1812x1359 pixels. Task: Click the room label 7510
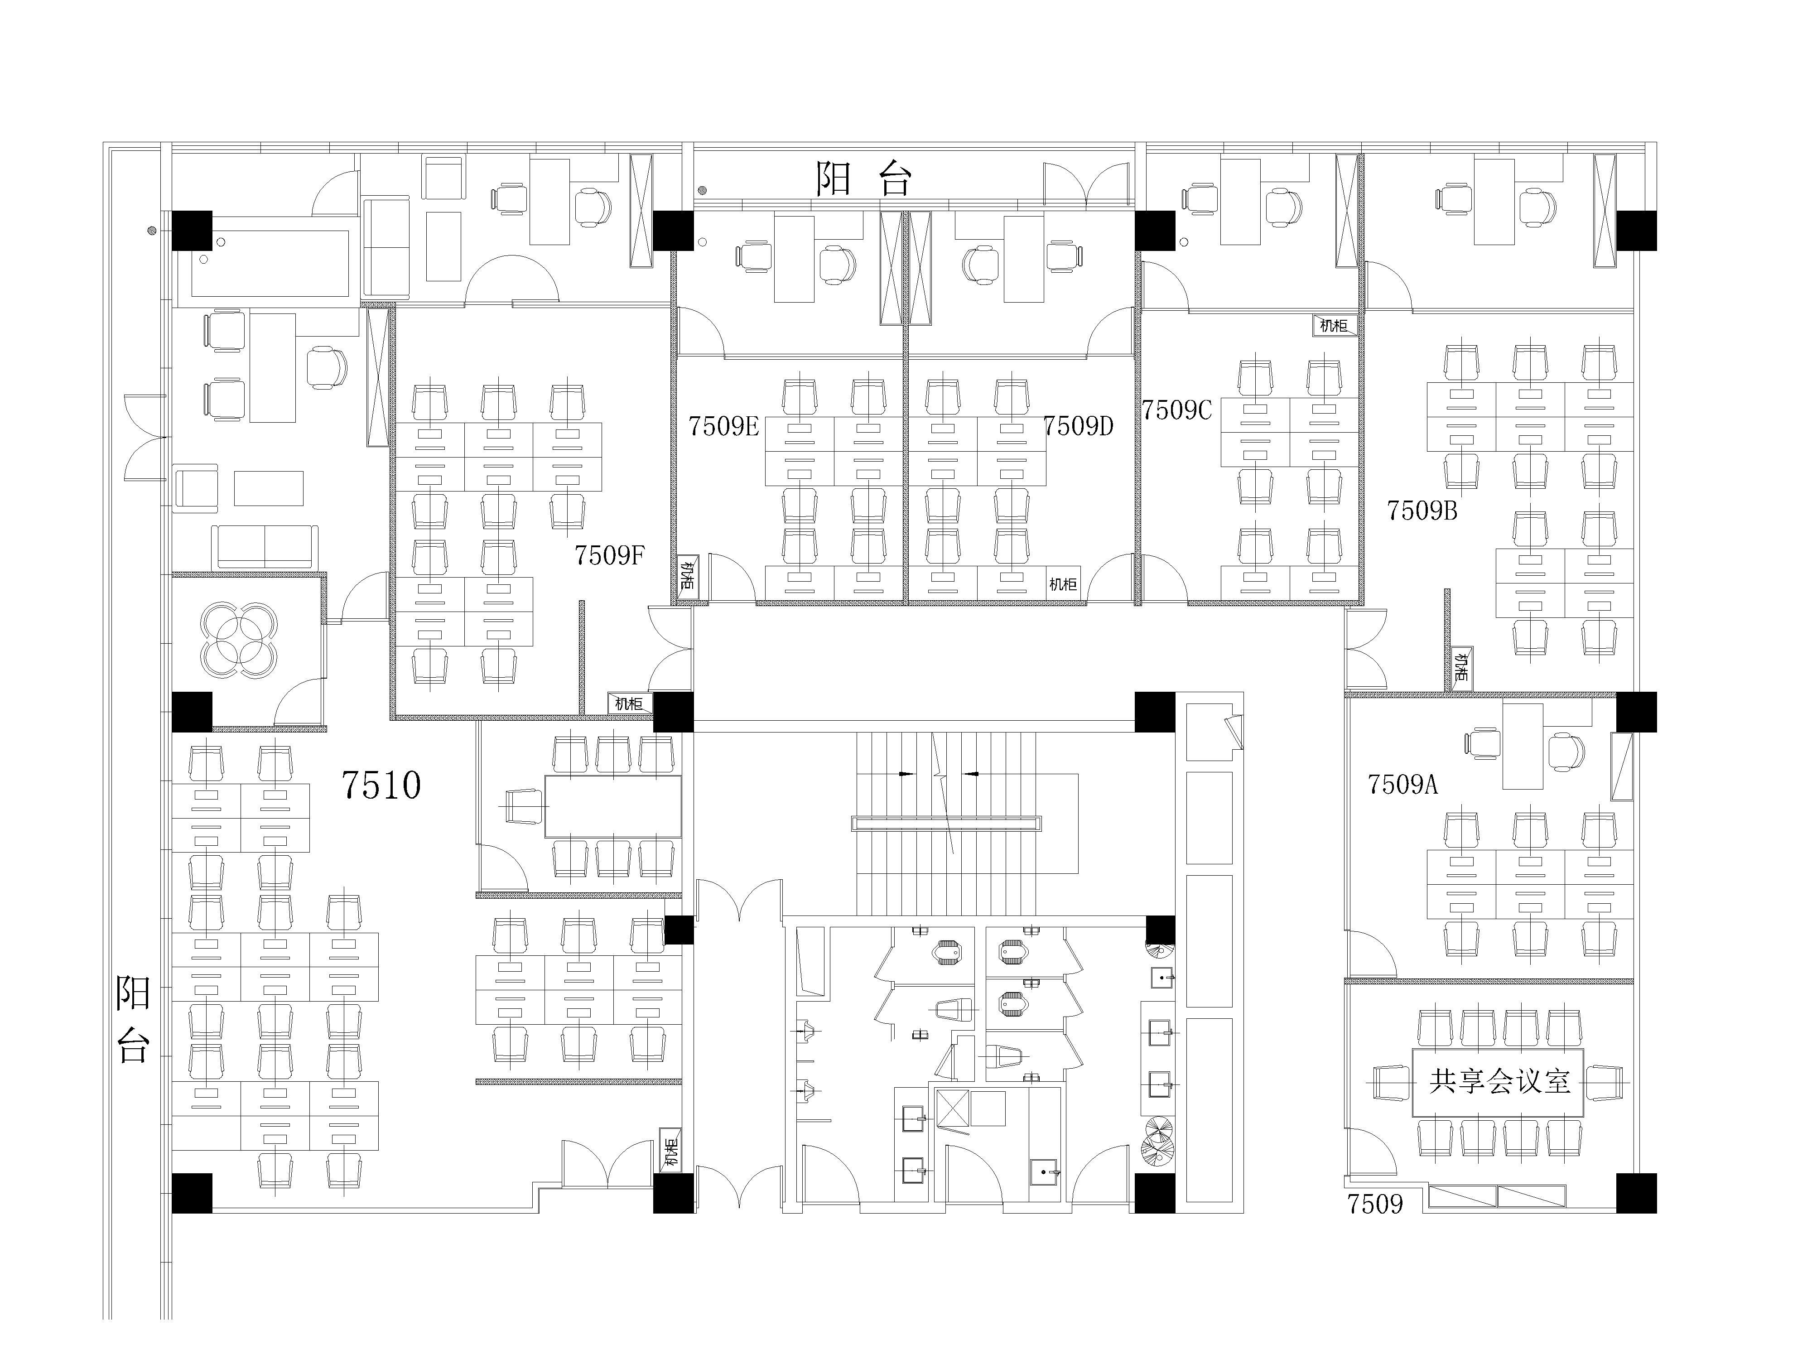[x=381, y=785]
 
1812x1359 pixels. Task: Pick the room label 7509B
[x=1422, y=511]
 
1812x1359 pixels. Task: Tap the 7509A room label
[x=1402, y=785]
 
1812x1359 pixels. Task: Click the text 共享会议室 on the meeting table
[x=1500, y=1081]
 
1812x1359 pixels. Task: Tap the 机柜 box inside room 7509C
[x=1334, y=325]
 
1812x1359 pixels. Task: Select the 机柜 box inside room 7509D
[x=1062, y=584]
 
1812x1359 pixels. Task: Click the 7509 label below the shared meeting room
[x=1375, y=1204]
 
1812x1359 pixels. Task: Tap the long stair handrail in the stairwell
[x=946, y=823]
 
